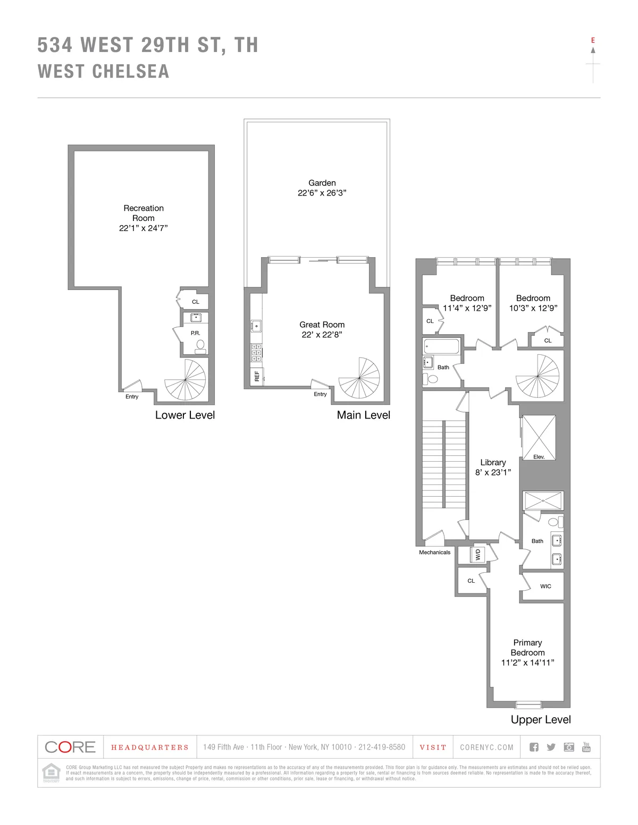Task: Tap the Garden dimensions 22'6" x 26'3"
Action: [322, 193]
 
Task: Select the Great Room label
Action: [322, 325]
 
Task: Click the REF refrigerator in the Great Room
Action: [257, 376]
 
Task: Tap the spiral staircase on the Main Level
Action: [359, 378]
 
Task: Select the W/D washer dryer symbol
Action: [477, 555]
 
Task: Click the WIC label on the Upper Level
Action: [545, 586]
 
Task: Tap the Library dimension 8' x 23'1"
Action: [493, 472]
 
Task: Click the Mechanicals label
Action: [434, 552]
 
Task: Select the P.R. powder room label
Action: [196, 333]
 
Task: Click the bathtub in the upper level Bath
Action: [441, 347]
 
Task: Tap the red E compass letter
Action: [593, 40]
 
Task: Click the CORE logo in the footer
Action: [70, 747]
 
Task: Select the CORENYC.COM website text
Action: [487, 747]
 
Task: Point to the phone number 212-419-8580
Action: [382, 747]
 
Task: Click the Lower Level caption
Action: [185, 415]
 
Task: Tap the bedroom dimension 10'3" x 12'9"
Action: [533, 308]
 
